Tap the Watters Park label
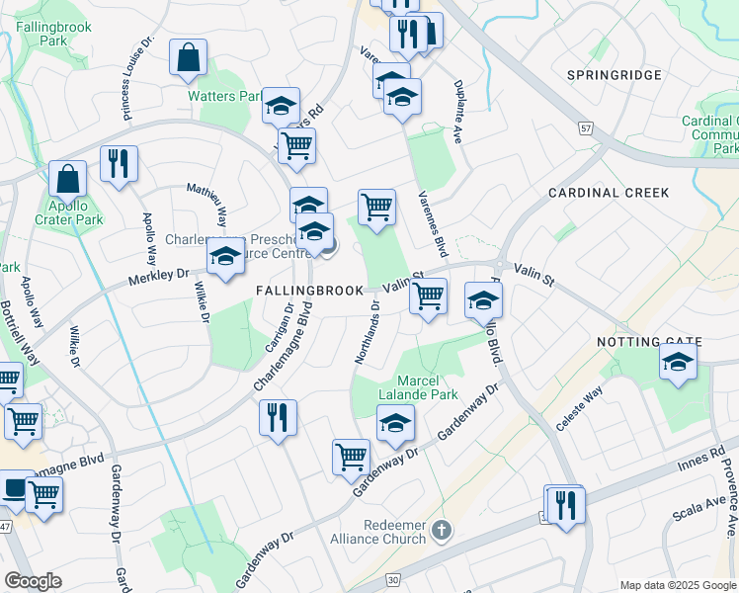[x=226, y=97]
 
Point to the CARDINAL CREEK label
[x=609, y=193]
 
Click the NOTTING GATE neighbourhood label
[x=649, y=342]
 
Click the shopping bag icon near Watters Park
[x=188, y=59]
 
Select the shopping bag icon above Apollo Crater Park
[x=68, y=180]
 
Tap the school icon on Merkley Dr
[x=226, y=257]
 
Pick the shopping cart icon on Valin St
[x=428, y=296]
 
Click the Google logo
[x=33, y=582]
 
